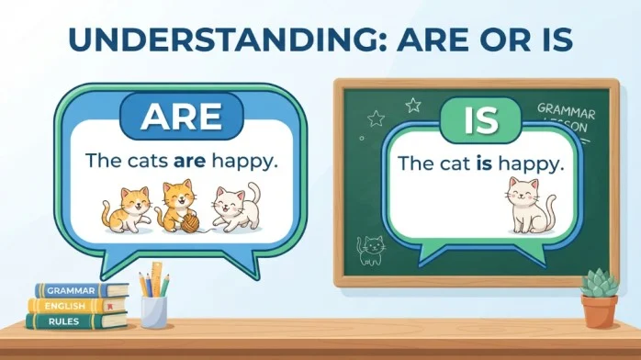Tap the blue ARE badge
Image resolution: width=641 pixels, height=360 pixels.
(x=182, y=117)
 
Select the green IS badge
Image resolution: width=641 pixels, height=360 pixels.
(x=481, y=120)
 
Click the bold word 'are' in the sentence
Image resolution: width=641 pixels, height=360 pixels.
(x=189, y=161)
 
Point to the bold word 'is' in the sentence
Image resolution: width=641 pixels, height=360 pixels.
(x=484, y=163)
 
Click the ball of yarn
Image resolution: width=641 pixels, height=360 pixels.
(x=190, y=224)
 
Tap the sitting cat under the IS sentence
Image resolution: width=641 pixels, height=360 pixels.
(x=529, y=206)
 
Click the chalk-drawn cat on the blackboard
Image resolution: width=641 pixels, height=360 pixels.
(x=371, y=250)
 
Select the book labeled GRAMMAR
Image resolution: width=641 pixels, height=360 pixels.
(x=82, y=290)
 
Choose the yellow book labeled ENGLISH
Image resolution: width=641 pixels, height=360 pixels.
(x=77, y=306)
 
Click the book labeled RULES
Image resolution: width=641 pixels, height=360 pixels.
(x=77, y=321)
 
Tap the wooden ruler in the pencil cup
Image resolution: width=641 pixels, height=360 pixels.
(x=157, y=279)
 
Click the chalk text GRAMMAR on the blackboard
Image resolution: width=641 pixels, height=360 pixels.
(x=567, y=111)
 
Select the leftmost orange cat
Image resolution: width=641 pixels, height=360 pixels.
(x=126, y=210)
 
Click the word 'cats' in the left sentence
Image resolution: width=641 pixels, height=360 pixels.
(x=148, y=161)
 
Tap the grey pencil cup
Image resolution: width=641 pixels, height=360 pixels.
(x=154, y=312)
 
